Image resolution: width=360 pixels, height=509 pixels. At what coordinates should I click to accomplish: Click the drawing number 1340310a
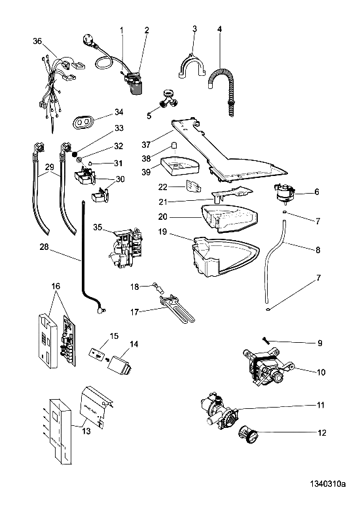pyautogui.click(x=327, y=484)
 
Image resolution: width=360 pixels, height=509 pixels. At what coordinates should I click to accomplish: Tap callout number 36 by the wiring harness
pyautogui.click(x=38, y=41)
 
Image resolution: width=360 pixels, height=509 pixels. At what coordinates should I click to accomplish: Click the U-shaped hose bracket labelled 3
pyautogui.click(x=192, y=66)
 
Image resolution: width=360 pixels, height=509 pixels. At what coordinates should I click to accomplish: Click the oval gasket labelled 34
pyautogui.click(x=82, y=122)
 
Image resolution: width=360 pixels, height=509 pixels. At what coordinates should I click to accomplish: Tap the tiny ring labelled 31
pyautogui.click(x=90, y=164)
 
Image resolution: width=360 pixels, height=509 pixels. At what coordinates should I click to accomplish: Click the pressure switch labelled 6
pyautogui.click(x=284, y=193)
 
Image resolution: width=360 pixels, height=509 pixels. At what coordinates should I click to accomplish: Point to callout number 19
pyautogui.click(x=162, y=232)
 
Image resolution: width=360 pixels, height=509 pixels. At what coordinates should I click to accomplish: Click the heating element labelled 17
pyautogui.click(x=177, y=307)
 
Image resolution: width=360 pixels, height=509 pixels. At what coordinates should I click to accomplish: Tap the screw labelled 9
pyautogui.click(x=266, y=340)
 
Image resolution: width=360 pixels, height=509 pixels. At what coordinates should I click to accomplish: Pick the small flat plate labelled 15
pyautogui.click(x=96, y=354)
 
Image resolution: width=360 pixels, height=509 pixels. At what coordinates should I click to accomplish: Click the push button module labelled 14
pyautogui.click(x=122, y=365)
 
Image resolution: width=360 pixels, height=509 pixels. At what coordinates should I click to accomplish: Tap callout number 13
pyautogui.click(x=86, y=431)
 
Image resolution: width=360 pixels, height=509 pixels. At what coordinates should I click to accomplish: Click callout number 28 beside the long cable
pyautogui.click(x=44, y=247)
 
